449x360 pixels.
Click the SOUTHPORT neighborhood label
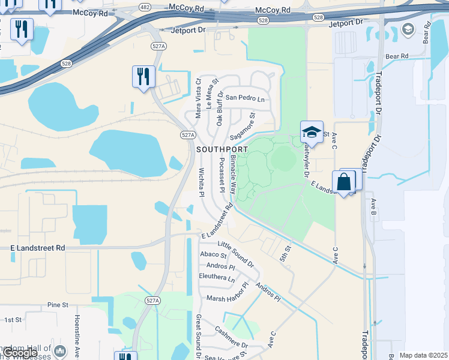tap(221, 149)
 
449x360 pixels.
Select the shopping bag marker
tap(344, 182)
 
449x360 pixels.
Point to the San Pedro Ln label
tap(245, 98)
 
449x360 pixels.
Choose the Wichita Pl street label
tap(202, 182)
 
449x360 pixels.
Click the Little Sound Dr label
tap(236, 254)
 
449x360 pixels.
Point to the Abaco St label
tap(213, 254)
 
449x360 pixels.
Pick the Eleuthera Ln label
tap(217, 278)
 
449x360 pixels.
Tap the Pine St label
tap(59, 305)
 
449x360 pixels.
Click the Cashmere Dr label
tap(231, 340)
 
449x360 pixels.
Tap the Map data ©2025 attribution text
tap(423, 355)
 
